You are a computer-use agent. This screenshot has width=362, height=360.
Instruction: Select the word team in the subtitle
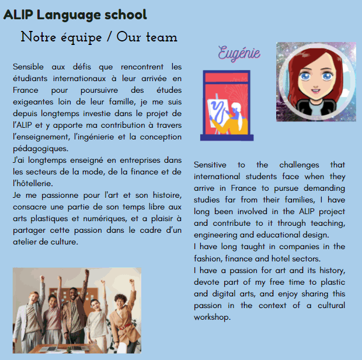(x=161, y=37)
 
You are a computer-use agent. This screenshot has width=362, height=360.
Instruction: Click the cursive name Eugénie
(x=239, y=53)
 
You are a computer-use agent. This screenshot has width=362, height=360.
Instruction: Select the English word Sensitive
(x=210, y=165)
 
